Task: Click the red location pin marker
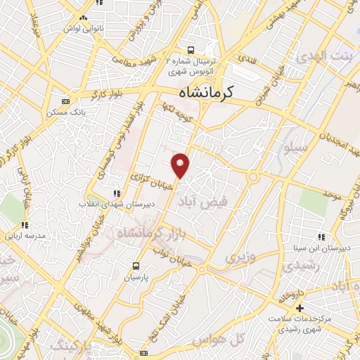tap(181, 166)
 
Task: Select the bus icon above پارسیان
tap(137, 266)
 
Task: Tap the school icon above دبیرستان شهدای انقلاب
tap(117, 193)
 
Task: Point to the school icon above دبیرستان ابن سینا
tap(321, 237)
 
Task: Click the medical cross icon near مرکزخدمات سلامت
tap(300, 308)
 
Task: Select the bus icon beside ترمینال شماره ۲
tap(191, 51)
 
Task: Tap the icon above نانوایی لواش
tap(84, 18)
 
